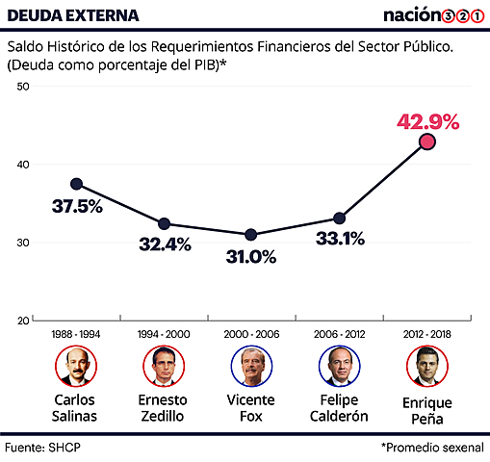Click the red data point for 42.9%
tap(427, 141)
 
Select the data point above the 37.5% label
tap(76, 183)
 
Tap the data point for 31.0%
tap(251, 235)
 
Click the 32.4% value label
tap(165, 245)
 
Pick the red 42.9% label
tap(428, 122)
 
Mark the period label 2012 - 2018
tap(426, 333)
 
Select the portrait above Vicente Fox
tap(250, 366)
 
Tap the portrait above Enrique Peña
tap(426, 366)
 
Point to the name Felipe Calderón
tap(338, 408)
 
